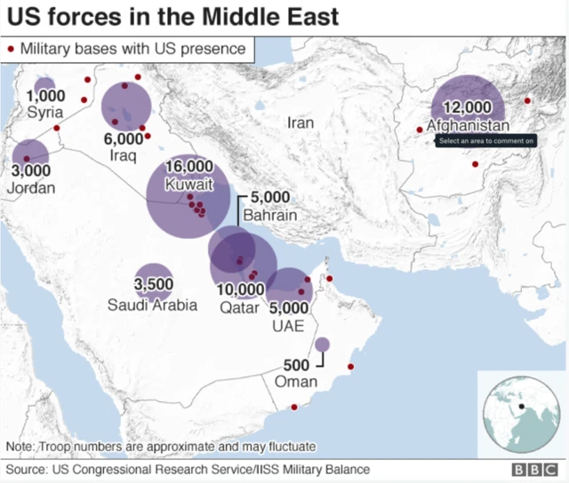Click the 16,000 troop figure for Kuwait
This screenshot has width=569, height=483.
tap(188, 167)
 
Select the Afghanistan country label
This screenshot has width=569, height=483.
tap(468, 125)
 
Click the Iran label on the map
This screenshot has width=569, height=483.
tap(301, 123)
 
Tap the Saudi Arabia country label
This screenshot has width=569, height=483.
tap(153, 305)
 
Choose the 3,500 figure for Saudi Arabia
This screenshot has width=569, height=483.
tap(153, 285)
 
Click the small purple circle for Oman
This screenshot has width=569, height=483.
tap(322, 344)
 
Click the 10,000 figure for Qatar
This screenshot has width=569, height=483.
tap(239, 289)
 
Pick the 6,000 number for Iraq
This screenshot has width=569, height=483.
tap(123, 139)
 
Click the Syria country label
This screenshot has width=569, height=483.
tap(45, 113)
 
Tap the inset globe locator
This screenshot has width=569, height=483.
tap(521, 413)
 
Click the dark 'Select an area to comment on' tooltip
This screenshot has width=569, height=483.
tap(485, 140)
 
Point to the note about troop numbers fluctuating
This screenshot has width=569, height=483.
tap(161, 446)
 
